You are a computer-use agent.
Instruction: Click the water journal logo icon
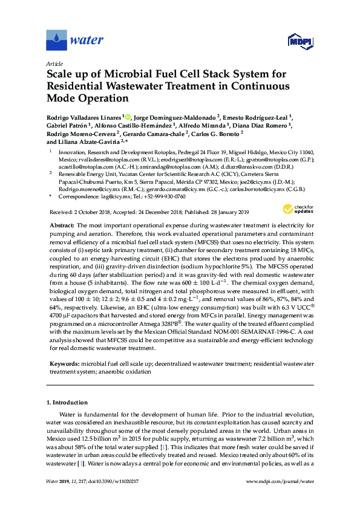click(x=56, y=41)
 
